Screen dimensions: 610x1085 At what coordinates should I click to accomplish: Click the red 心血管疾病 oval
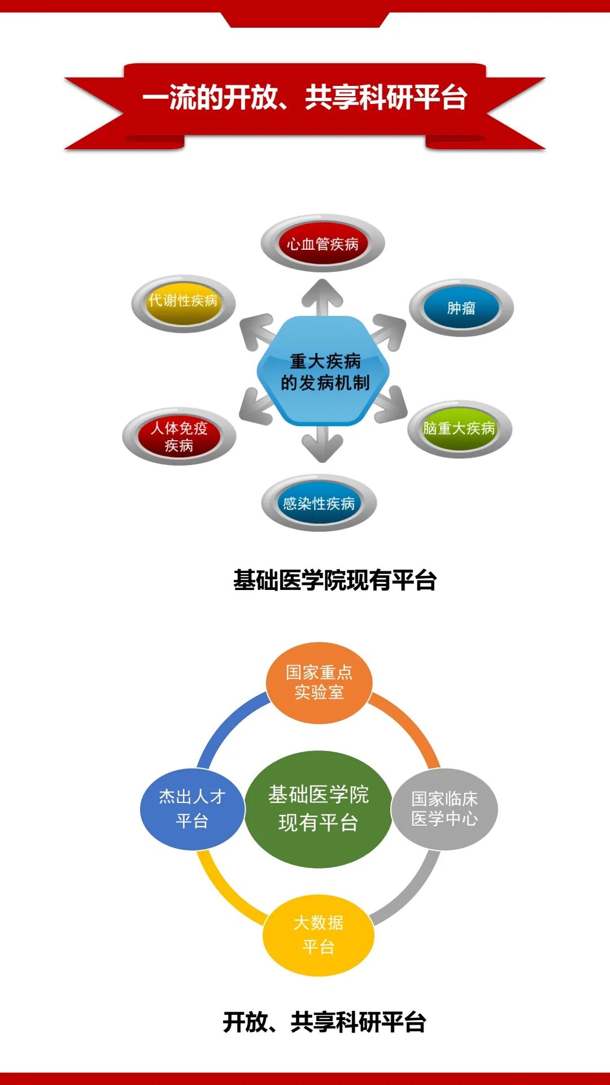pyautogui.click(x=323, y=244)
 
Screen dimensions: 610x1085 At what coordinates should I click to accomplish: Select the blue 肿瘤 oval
pyautogui.click(x=461, y=308)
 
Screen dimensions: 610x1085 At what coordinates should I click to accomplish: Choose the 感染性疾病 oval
pyautogui.click(x=319, y=503)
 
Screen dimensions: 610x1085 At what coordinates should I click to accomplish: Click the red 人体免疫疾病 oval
pyautogui.click(x=179, y=437)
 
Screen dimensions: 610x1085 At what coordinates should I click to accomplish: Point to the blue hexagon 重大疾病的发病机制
pyautogui.click(x=324, y=371)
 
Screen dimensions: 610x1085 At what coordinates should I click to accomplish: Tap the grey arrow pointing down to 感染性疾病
pyautogui.click(x=323, y=444)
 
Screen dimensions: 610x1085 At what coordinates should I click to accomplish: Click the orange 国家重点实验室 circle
pyautogui.click(x=319, y=683)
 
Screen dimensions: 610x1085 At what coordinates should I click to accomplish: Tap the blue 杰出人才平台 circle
pyautogui.click(x=192, y=809)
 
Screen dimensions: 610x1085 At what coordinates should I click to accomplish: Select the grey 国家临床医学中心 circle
pyautogui.click(x=445, y=809)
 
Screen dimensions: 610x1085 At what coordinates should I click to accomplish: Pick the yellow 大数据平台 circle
pyautogui.click(x=319, y=935)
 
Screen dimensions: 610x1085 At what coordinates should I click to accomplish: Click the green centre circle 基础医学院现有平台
pyautogui.click(x=319, y=809)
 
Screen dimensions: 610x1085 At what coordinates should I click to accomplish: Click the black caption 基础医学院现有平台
pyautogui.click(x=335, y=580)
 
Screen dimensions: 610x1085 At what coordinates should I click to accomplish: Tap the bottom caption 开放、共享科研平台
pyautogui.click(x=324, y=1022)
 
